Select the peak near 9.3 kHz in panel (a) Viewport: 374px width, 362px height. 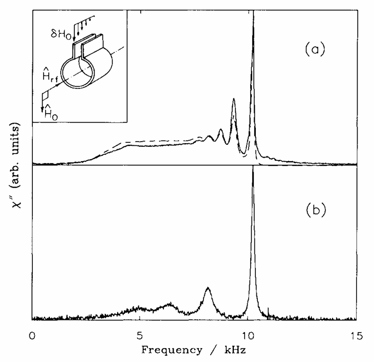234,100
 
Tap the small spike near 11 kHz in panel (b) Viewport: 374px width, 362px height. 268,310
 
